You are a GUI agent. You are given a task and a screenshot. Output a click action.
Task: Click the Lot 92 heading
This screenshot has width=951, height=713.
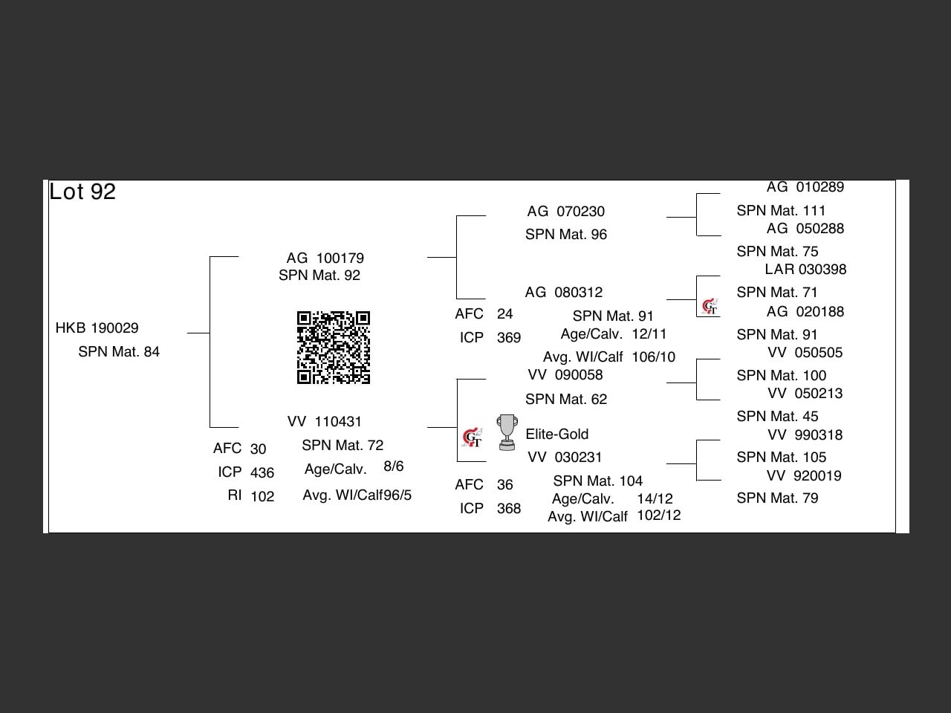click(x=82, y=192)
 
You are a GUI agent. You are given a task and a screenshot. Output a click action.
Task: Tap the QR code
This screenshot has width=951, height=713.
click(x=334, y=348)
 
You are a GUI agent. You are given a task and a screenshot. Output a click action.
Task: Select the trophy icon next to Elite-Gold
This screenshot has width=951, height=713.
click(x=507, y=432)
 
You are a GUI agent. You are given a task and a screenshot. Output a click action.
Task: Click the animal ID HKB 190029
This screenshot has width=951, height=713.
click(x=97, y=328)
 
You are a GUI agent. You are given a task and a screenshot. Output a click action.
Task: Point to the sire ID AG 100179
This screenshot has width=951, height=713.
click(x=325, y=258)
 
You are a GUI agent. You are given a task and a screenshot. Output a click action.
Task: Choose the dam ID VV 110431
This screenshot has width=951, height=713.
click(x=325, y=422)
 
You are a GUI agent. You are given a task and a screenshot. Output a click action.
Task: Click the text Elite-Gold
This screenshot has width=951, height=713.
click(x=557, y=434)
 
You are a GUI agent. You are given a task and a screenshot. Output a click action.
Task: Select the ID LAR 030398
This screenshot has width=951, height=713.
click(x=805, y=270)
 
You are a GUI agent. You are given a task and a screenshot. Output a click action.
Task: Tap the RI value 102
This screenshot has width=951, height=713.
click(x=262, y=497)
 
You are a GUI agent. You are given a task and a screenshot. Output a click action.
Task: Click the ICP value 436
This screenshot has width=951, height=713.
click(x=262, y=473)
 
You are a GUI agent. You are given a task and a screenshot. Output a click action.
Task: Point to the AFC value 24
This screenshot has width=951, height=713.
click(x=505, y=314)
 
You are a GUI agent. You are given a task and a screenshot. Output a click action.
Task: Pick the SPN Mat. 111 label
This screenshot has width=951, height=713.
click(x=781, y=211)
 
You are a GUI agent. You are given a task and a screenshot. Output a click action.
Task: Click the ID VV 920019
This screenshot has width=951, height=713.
click(x=804, y=476)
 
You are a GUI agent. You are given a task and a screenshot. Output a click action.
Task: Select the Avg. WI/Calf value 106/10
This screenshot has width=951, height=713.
click(x=654, y=357)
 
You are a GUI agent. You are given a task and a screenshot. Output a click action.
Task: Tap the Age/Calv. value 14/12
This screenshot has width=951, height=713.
click(x=655, y=499)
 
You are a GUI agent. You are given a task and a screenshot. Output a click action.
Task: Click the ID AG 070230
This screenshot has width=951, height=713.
click(x=566, y=212)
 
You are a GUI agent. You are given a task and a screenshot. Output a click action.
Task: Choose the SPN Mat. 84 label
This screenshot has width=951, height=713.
click(x=119, y=352)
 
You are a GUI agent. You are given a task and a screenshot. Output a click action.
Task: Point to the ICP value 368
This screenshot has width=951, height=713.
click(x=509, y=509)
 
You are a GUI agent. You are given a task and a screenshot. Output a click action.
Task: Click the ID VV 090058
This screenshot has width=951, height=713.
click(x=565, y=375)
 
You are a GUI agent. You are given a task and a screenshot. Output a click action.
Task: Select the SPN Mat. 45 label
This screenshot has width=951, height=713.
click(x=777, y=417)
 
